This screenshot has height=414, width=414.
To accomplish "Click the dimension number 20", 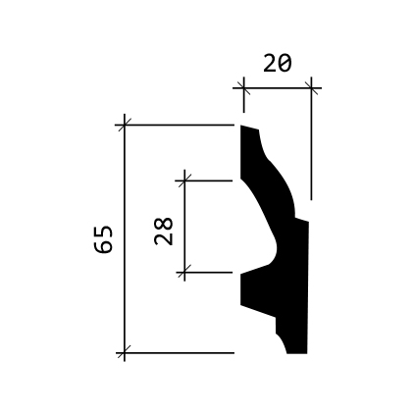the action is click(277, 63).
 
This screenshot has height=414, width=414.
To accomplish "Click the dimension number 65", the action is click(103, 239).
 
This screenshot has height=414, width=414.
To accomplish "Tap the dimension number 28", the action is click(163, 232).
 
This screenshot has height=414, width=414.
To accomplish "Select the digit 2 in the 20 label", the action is click(270, 63).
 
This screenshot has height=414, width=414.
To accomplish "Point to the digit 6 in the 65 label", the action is click(103, 246).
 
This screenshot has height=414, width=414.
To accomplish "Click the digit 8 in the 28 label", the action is click(163, 224).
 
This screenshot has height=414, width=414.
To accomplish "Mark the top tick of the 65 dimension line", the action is click(125, 125).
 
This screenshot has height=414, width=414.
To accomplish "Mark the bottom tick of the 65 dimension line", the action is click(125, 353).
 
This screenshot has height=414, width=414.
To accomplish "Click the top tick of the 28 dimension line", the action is click(184, 181).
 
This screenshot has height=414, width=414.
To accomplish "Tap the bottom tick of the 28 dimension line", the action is click(184, 272).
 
